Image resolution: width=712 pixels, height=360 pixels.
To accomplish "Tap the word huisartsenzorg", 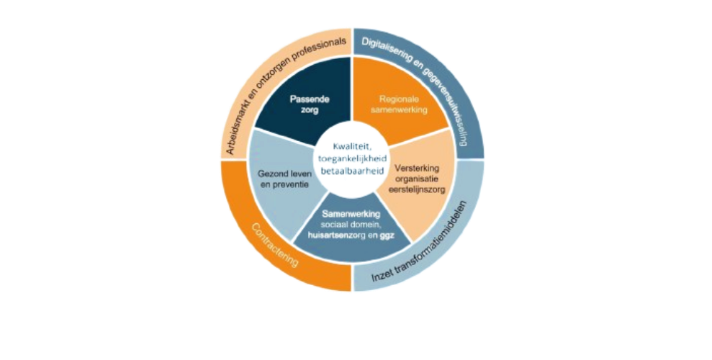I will pos(341,234).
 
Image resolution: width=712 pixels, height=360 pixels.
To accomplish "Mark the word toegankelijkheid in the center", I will pos(352,157).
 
